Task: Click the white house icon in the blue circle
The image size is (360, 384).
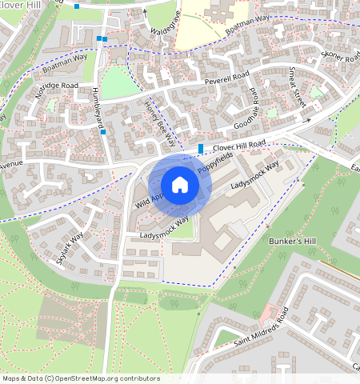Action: coord(180,185)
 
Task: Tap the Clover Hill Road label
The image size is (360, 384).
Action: coord(238,146)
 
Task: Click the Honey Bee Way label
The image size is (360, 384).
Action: coord(159,122)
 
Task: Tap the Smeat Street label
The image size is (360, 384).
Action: coord(298,87)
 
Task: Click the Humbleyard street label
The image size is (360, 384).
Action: coord(98,104)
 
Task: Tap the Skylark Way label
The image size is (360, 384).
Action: coord(70,248)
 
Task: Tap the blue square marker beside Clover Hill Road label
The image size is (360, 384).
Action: coord(200,148)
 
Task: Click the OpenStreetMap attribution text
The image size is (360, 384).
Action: coord(80,378)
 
